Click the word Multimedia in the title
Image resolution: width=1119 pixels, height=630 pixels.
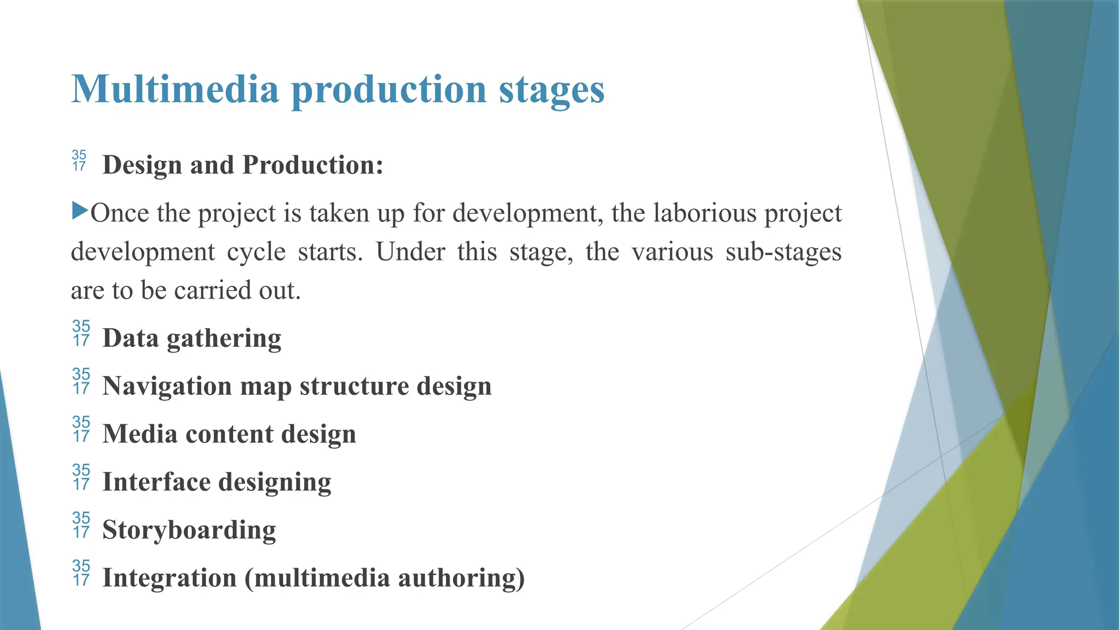point(175,89)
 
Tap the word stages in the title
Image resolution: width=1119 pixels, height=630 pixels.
point(551,90)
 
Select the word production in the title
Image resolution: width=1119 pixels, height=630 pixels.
point(388,90)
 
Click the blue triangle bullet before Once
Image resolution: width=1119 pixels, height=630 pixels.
point(80,210)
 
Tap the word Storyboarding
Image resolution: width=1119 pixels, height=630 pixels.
point(189,530)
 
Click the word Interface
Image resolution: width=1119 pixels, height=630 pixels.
point(156,482)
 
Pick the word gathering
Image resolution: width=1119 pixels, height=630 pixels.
point(224,339)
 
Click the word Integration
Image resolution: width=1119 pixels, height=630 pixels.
point(169,578)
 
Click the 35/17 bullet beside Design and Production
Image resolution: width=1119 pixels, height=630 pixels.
point(79,160)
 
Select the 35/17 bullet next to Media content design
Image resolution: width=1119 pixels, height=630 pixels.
point(81,429)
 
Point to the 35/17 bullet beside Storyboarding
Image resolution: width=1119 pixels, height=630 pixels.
point(81,524)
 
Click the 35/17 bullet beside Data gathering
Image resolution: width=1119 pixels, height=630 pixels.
point(81,333)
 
